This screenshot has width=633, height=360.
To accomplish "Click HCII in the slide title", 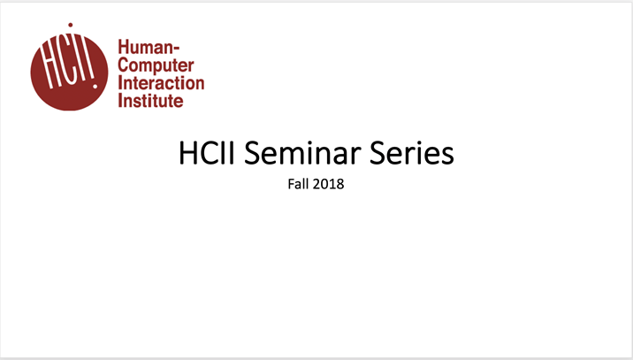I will pos(207,154).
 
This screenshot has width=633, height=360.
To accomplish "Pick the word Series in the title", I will pos(415,154).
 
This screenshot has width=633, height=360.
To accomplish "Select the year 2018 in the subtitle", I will pos(328,185).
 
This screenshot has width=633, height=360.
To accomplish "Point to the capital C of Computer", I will pos(124,66).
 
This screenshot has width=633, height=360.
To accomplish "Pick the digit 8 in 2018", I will pos(339,185).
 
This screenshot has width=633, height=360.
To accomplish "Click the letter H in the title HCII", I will pos(188,154).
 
